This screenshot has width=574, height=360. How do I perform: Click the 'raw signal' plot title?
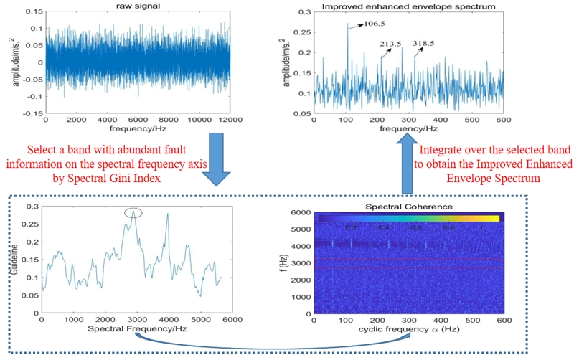click(x=136, y=6)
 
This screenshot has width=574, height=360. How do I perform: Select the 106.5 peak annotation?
click(x=374, y=24)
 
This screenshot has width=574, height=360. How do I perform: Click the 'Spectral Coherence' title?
click(x=409, y=206)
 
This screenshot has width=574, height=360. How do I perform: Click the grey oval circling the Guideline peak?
click(x=133, y=212)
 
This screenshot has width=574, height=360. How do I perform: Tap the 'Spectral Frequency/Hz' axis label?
click(x=134, y=329)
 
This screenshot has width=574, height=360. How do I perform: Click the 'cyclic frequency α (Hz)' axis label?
click(x=409, y=329)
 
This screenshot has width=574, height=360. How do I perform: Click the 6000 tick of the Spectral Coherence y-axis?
click(x=301, y=213)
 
